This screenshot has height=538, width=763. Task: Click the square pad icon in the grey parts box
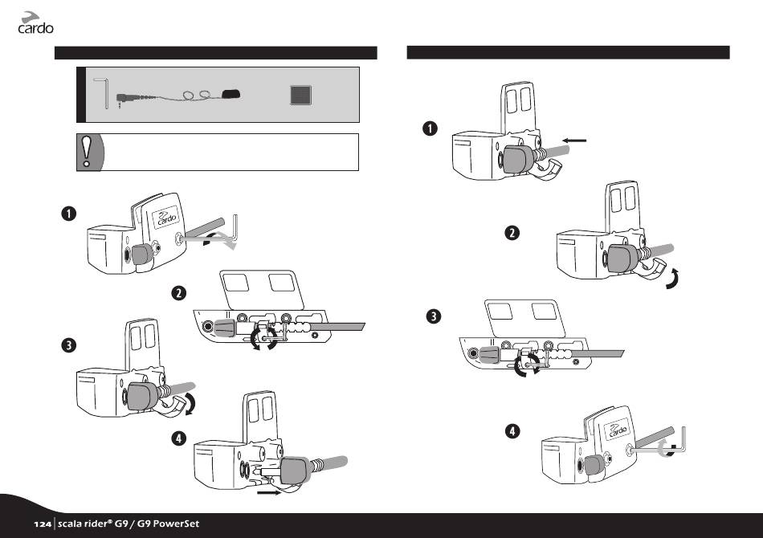pyautogui.click(x=300, y=96)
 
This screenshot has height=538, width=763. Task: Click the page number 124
pyautogui.click(x=43, y=524)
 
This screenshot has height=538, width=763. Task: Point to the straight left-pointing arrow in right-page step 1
pyautogui.click(x=576, y=141)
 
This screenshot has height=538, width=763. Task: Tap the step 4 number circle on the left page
pyautogui.click(x=177, y=439)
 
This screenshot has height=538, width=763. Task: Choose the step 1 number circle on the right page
pyautogui.click(x=431, y=128)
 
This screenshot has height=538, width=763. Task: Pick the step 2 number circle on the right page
pyautogui.click(x=512, y=233)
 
